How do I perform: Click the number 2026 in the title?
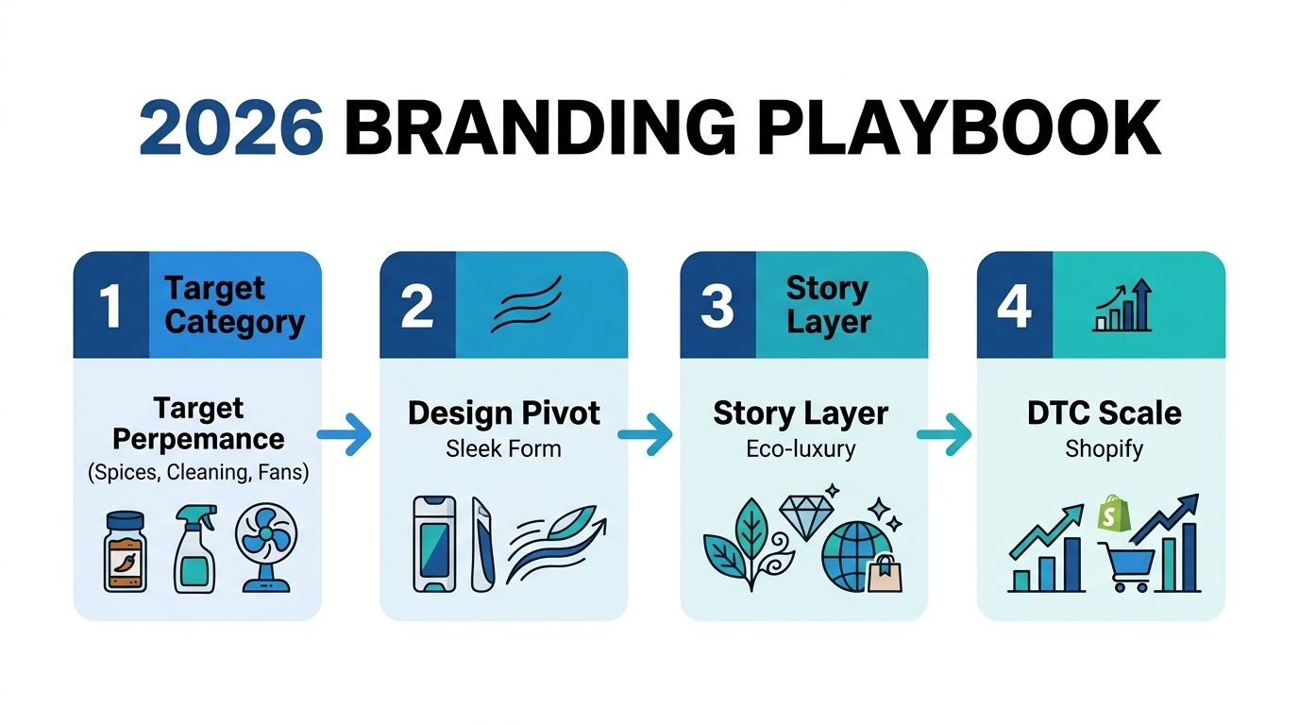(x=231, y=127)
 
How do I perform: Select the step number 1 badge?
(x=110, y=306)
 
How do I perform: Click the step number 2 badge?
(x=416, y=306)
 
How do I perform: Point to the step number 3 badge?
(x=717, y=306)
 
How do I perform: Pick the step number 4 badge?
(x=1014, y=306)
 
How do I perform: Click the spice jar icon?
(x=125, y=551)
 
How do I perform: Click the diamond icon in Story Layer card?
(x=804, y=517)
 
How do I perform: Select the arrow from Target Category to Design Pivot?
(x=344, y=434)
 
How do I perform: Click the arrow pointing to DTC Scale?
(x=944, y=434)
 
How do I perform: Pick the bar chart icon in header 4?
(x=1122, y=306)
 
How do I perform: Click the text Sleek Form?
(x=503, y=448)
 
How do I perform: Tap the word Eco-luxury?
(x=801, y=448)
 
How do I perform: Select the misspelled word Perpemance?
(x=198, y=439)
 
